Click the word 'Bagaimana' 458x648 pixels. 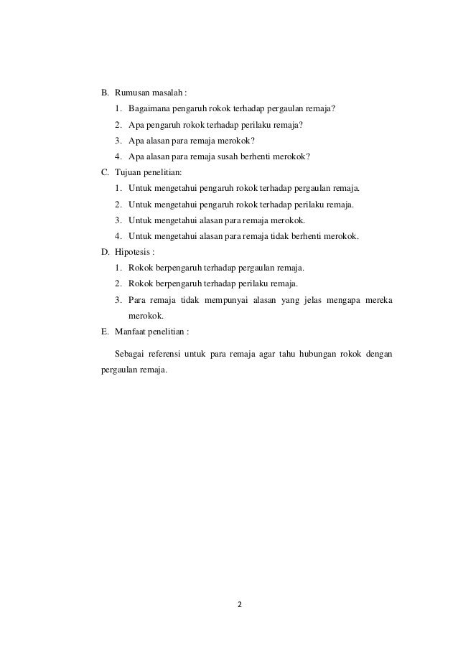(148, 109)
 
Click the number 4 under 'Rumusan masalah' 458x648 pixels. (117, 156)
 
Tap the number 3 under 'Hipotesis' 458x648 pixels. (117, 299)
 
